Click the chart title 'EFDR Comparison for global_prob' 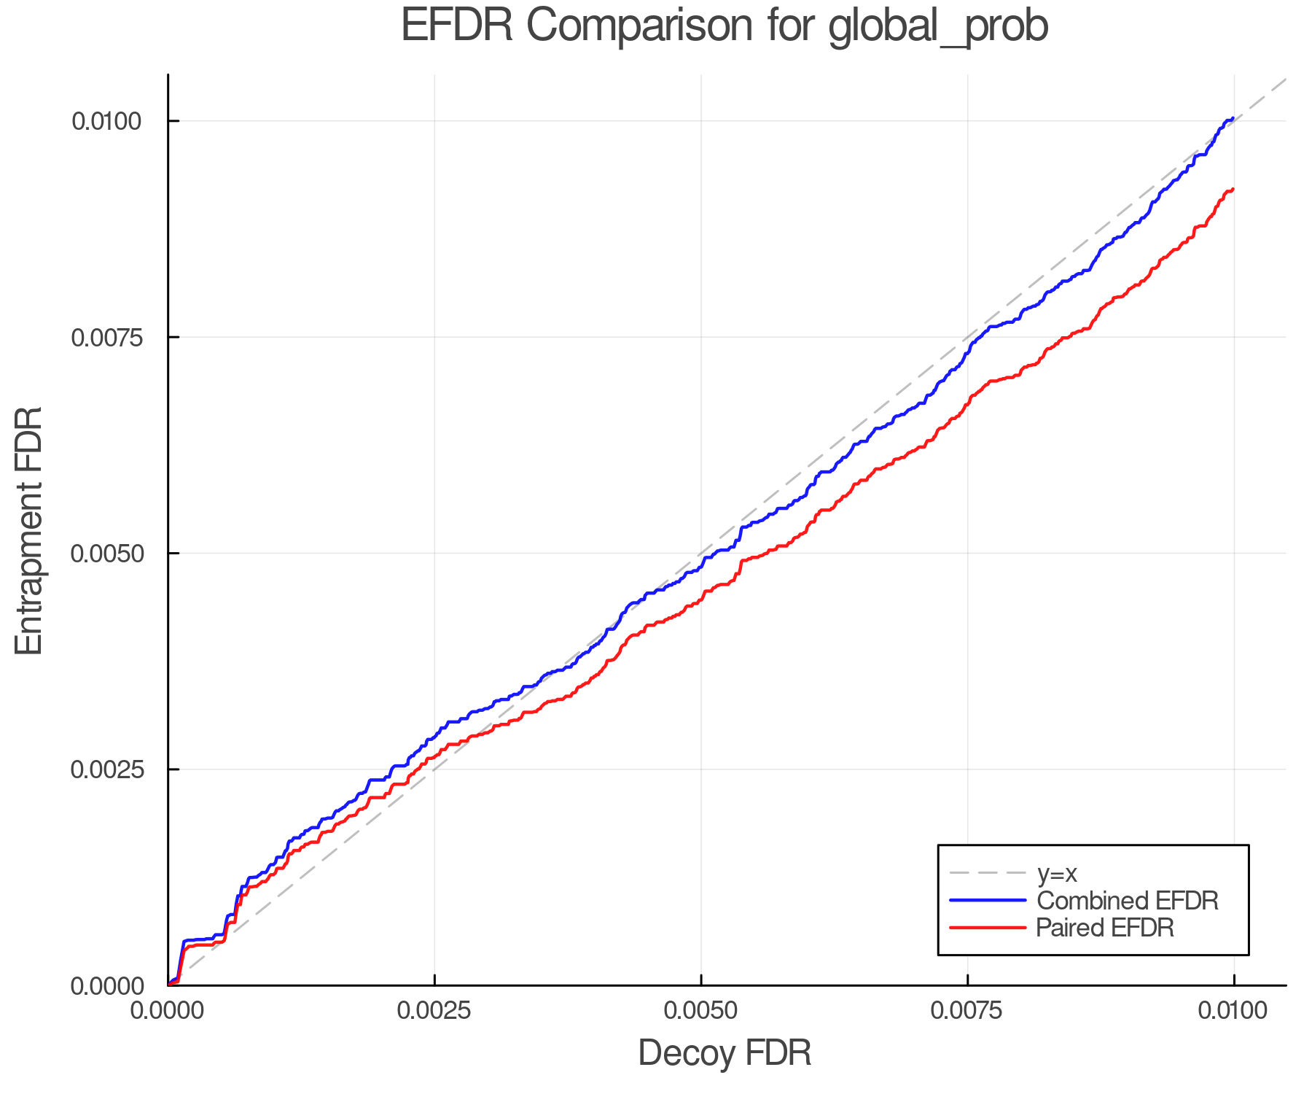[x=725, y=26]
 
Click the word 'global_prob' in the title [x=939, y=26]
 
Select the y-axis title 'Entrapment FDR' [x=30, y=530]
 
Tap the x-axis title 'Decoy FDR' [x=725, y=1053]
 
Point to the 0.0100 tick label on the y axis [x=106, y=121]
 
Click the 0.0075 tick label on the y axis [x=106, y=338]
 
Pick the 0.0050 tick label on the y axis [x=106, y=554]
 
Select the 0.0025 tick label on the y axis [x=106, y=769]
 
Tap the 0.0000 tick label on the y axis [x=106, y=986]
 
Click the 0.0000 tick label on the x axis [x=168, y=1010]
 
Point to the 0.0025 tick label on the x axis [x=434, y=1010]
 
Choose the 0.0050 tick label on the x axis [x=701, y=1010]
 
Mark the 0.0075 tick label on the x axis [x=968, y=1010]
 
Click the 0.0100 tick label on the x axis [x=1234, y=1010]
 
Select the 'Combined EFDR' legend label [x=1127, y=901]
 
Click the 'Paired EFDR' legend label [x=1105, y=928]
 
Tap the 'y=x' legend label [x=1057, y=873]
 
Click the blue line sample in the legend [x=988, y=901]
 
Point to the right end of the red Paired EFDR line [x=1233, y=190]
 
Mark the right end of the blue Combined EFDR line [x=1233, y=118]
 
